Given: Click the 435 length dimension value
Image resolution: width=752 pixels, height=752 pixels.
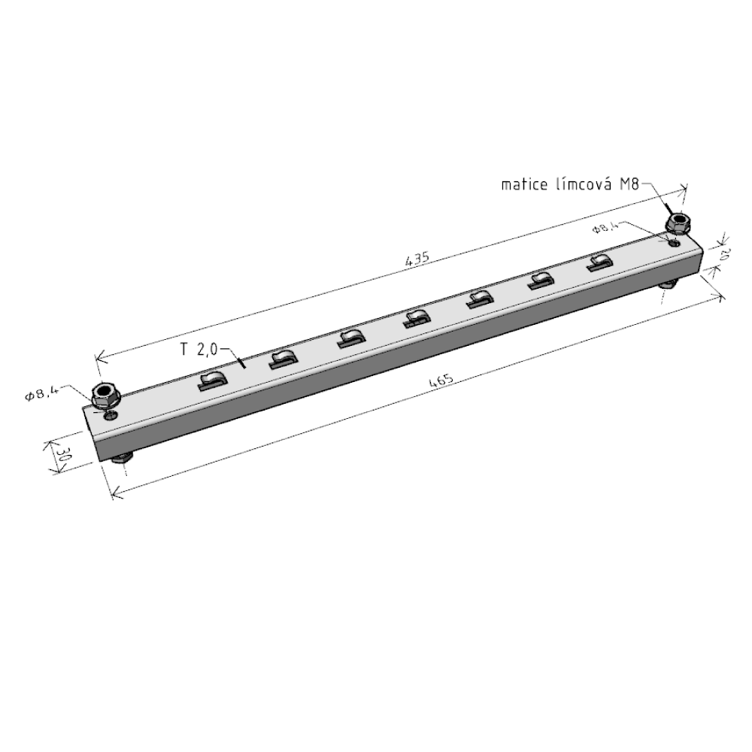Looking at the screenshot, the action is click(x=417, y=259).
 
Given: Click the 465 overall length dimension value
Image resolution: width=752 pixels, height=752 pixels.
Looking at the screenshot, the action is click(x=441, y=381).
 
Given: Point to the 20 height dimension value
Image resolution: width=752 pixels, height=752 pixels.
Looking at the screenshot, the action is click(x=724, y=255).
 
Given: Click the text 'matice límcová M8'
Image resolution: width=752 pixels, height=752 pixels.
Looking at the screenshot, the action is click(x=570, y=184).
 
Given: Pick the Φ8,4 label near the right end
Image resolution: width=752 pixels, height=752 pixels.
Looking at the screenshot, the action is click(x=606, y=226).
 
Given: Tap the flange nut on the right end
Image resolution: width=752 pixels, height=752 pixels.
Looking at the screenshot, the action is click(x=678, y=223).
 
